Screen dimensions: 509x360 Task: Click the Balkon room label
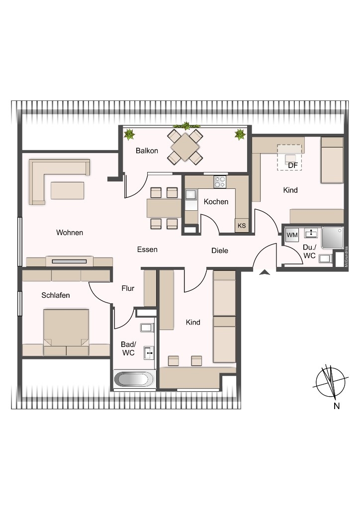pyautogui.click(x=147, y=151)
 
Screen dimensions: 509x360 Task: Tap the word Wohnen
pyautogui.click(x=70, y=233)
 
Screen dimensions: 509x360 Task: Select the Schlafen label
pyautogui.click(x=56, y=295)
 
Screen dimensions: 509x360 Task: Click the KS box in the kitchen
pyautogui.click(x=242, y=226)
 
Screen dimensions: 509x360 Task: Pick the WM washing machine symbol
pyautogui.click(x=292, y=235)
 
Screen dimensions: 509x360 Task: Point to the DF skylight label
pyautogui.click(x=292, y=165)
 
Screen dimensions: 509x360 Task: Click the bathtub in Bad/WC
pyautogui.click(x=134, y=380)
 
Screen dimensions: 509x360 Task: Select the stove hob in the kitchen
pyautogui.click(x=220, y=182)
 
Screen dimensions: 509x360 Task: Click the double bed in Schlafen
pyautogui.click(x=66, y=328)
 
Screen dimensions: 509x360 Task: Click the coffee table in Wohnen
pyautogui.click(x=67, y=190)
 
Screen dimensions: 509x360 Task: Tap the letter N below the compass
pyautogui.click(x=337, y=406)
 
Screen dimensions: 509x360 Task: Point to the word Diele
pyautogui.click(x=220, y=251)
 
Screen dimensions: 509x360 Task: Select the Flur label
pyautogui.click(x=128, y=288)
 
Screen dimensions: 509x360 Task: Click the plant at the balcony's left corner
pyautogui.click(x=130, y=134)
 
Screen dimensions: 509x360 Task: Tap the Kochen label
pyautogui.click(x=216, y=202)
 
